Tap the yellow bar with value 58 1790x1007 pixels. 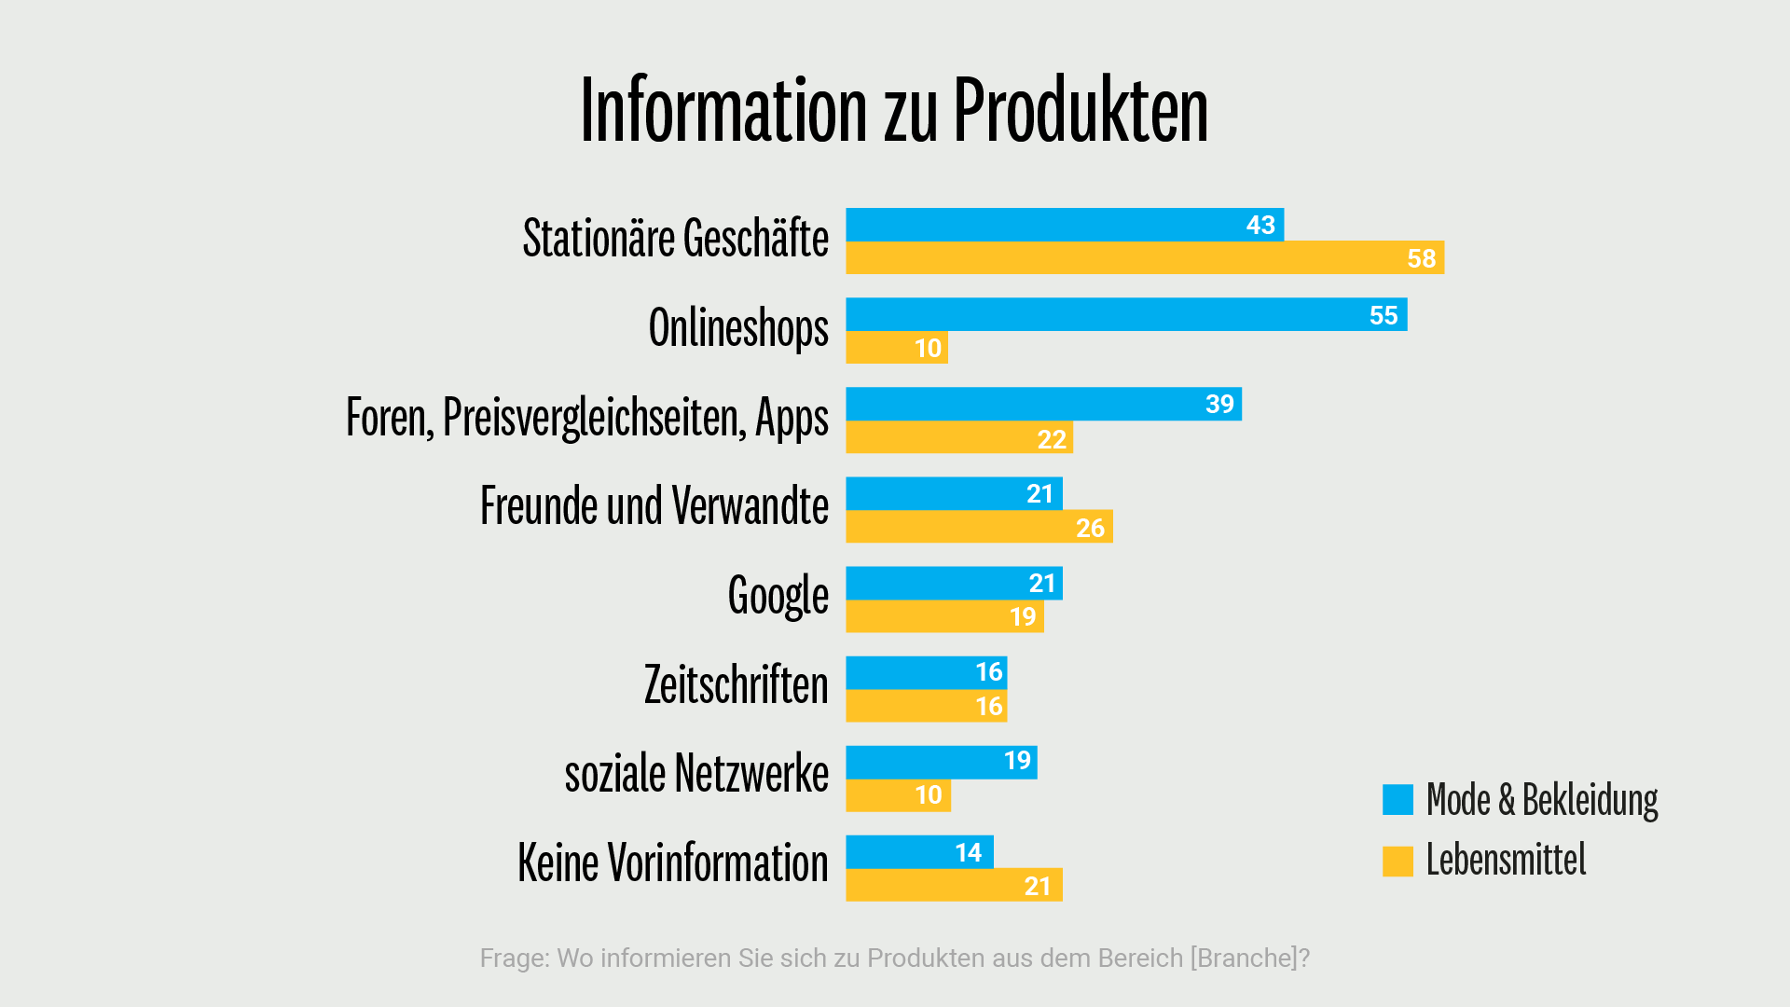(x=1144, y=258)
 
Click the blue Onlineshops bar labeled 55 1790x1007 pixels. (x=1125, y=315)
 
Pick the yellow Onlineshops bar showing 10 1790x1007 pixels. (x=896, y=348)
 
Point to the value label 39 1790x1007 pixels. (x=1219, y=405)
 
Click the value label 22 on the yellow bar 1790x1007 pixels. (x=1052, y=439)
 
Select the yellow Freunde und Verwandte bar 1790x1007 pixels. (x=979, y=528)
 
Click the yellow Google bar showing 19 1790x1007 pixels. (x=943, y=616)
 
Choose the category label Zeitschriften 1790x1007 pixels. (x=736, y=685)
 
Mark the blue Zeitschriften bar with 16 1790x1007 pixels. (x=926, y=672)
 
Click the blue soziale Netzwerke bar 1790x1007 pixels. (x=941, y=762)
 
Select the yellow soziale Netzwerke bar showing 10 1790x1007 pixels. (x=897, y=795)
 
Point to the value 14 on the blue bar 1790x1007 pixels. (x=968, y=852)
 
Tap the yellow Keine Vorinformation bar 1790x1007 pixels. (x=953, y=886)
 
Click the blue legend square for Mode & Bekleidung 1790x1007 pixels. (x=1398, y=800)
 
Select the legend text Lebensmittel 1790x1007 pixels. (x=1506, y=860)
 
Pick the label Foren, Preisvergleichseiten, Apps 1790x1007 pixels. (x=586, y=418)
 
